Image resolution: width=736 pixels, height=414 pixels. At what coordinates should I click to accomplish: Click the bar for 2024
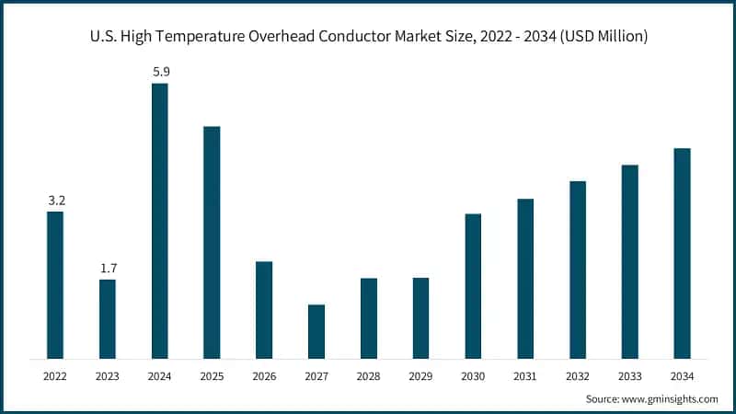click(x=159, y=221)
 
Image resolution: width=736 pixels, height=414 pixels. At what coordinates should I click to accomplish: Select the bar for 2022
click(x=55, y=284)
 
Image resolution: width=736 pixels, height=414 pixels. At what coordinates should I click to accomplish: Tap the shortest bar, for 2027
click(x=316, y=331)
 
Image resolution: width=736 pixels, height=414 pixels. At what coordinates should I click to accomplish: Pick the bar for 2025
click(x=212, y=242)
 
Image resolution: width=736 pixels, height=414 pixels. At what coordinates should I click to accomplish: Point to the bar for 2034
click(x=682, y=253)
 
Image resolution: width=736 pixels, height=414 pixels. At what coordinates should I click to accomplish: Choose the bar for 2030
click(x=473, y=286)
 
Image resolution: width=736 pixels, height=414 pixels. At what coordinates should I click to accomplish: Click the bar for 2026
click(x=264, y=310)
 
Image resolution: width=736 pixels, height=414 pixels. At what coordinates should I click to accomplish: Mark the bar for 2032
click(x=578, y=270)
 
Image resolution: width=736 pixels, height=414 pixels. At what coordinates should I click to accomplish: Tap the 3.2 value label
click(x=55, y=200)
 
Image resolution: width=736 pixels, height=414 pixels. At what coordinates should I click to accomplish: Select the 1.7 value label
click(x=108, y=268)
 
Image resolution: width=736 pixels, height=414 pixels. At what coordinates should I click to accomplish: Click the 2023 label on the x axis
click(x=108, y=375)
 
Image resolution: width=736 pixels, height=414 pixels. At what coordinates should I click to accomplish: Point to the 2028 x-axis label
click(x=368, y=375)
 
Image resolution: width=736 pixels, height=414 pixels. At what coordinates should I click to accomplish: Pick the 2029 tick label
click(x=420, y=375)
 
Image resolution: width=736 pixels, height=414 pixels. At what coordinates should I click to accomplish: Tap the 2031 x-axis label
click(x=525, y=375)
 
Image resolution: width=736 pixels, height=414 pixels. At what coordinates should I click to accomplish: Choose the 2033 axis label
click(x=629, y=375)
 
